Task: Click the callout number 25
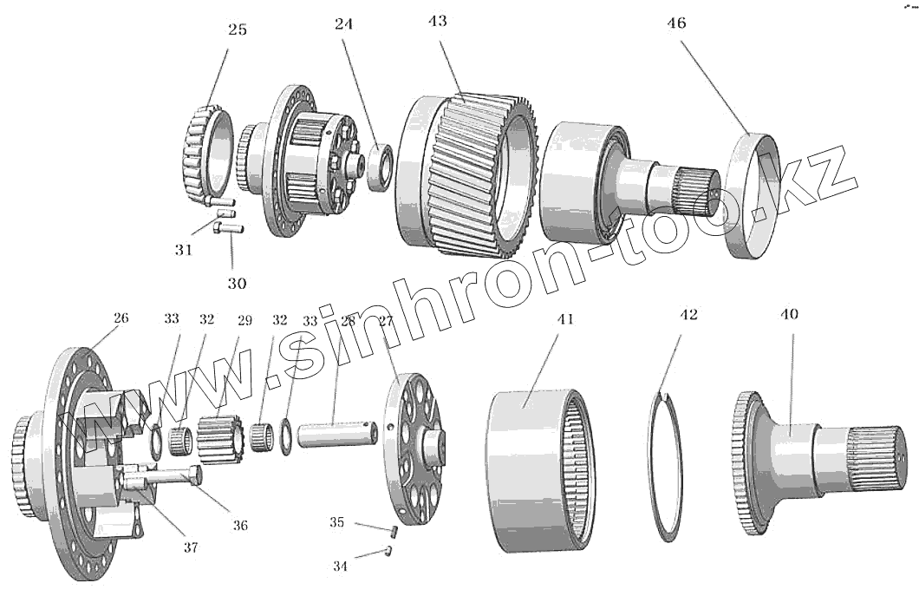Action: click(237, 29)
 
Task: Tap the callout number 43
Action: click(438, 21)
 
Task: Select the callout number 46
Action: click(676, 23)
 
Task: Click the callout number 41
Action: click(565, 319)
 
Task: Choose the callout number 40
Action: click(789, 314)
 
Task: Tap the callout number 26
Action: click(121, 318)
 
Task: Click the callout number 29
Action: click(244, 320)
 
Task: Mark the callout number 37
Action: click(190, 547)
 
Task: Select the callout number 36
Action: click(239, 525)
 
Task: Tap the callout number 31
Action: click(182, 250)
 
